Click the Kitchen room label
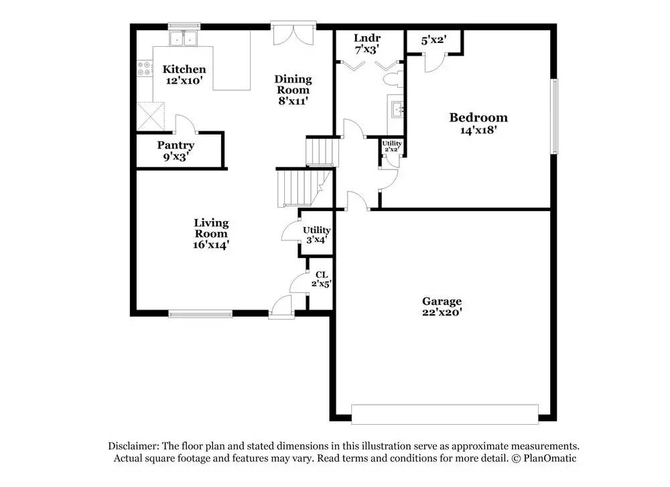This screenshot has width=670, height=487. [x=184, y=70]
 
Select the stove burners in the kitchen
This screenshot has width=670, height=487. [x=143, y=68]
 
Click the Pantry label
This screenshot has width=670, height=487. [x=176, y=145]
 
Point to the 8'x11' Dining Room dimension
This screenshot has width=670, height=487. [x=293, y=101]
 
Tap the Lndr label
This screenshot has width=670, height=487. [x=366, y=38]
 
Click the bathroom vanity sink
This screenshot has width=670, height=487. [x=396, y=109]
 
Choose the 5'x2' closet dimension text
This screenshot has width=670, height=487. [x=433, y=40]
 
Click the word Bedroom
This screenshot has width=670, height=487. [x=478, y=118]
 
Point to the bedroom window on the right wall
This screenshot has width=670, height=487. [x=554, y=116]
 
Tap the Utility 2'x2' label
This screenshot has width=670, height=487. [x=392, y=146]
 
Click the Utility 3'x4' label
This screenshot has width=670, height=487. [x=316, y=234]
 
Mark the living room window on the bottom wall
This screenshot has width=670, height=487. [x=200, y=312]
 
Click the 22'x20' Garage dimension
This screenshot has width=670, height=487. [x=442, y=311]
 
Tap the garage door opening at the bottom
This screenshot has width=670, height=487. [x=445, y=413]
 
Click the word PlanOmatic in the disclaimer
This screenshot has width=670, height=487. [x=549, y=458]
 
